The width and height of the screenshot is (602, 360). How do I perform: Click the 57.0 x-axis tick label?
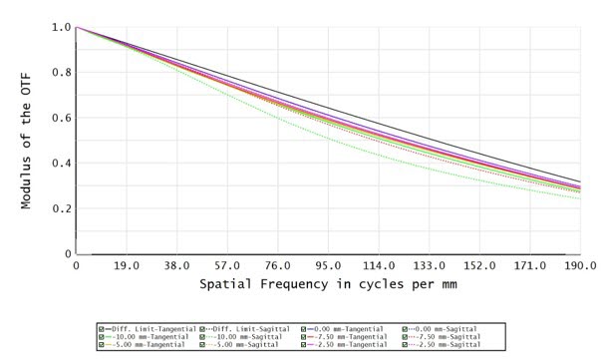227,267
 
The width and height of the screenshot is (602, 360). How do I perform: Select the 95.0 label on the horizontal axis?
328,267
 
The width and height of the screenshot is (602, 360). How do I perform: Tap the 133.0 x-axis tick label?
429,267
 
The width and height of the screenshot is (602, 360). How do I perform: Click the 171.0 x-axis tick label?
529,267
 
